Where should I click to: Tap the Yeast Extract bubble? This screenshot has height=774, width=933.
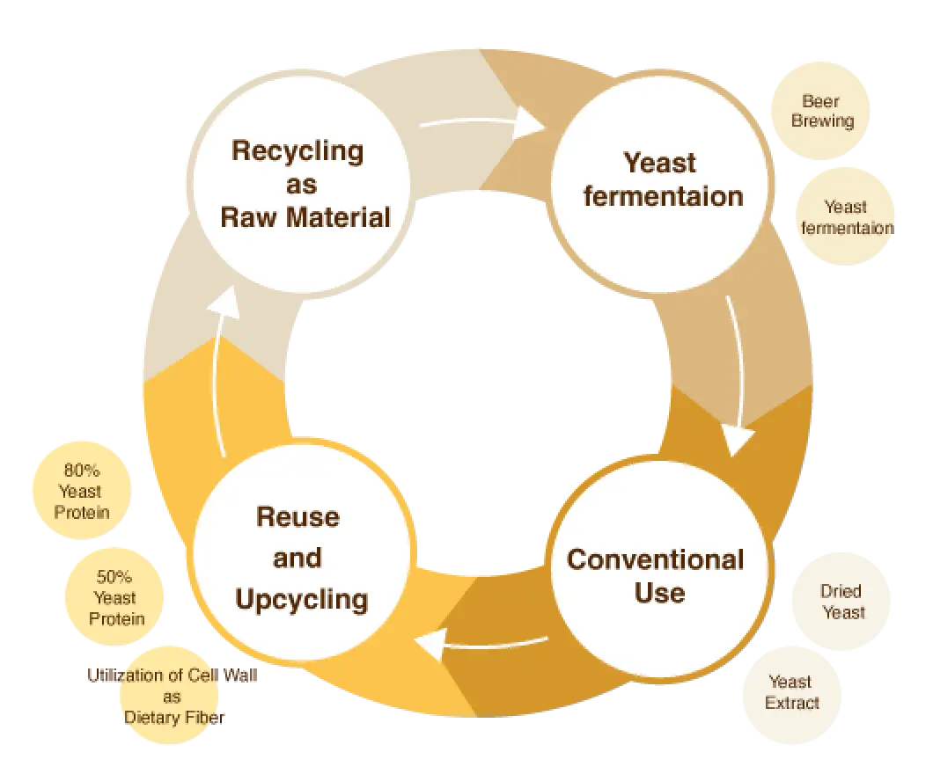click(792, 692)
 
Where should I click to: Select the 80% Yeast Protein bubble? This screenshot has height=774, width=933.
click(81, 491)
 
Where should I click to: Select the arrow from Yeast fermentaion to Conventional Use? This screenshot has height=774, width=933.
click(738, 378)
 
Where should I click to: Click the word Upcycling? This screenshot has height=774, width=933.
click(301, 599)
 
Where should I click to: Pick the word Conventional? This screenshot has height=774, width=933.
click(655, 559)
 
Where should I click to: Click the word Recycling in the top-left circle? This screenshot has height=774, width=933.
click(298, 150)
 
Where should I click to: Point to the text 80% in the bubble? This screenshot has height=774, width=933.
click(81, 471)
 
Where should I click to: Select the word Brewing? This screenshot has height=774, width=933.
click(822, 121)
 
